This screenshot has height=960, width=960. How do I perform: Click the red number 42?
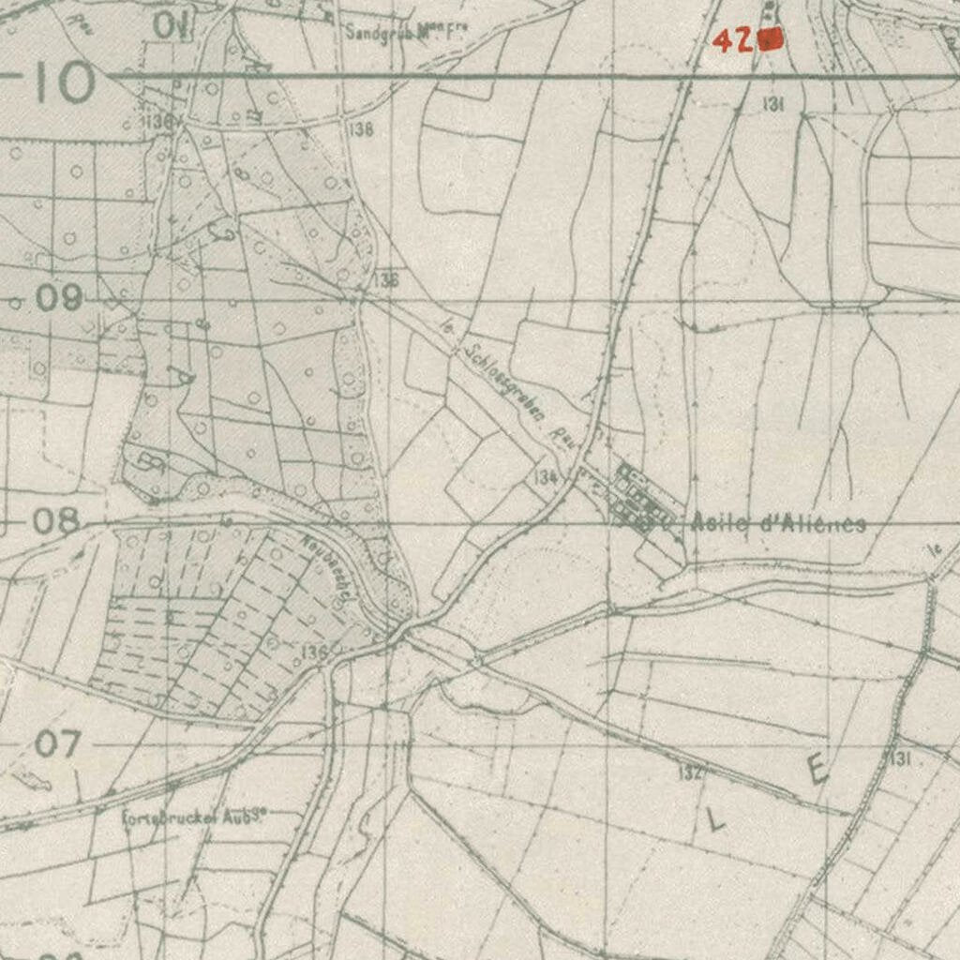[734, 40]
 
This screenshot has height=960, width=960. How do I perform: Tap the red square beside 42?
[772, 39]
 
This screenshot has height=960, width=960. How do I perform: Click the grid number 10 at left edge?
[64, 82]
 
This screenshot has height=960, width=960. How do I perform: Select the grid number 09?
[59, 298]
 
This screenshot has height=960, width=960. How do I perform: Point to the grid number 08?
[56, 520]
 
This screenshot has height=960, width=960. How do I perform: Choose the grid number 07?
[58, 744]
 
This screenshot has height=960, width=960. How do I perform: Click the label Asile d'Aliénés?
[777, 523]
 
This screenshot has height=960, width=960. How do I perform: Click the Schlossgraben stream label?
[506, 384]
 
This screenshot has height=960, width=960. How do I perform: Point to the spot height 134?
[546, 477]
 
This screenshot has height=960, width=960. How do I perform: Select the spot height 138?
[359, 129]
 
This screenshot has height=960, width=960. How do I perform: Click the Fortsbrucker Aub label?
[196, 817]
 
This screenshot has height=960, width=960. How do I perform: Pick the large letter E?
[817, 770]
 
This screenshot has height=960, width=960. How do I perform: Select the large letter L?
[716, 821]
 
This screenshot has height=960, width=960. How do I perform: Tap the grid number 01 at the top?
[171, 25]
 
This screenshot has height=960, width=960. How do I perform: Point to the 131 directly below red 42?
[772, 105]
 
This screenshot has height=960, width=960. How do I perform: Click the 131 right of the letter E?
[900, 758]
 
